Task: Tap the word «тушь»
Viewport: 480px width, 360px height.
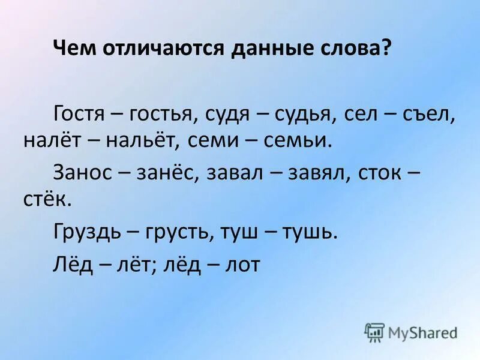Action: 312,230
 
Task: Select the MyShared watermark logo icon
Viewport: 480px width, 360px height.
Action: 374,332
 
